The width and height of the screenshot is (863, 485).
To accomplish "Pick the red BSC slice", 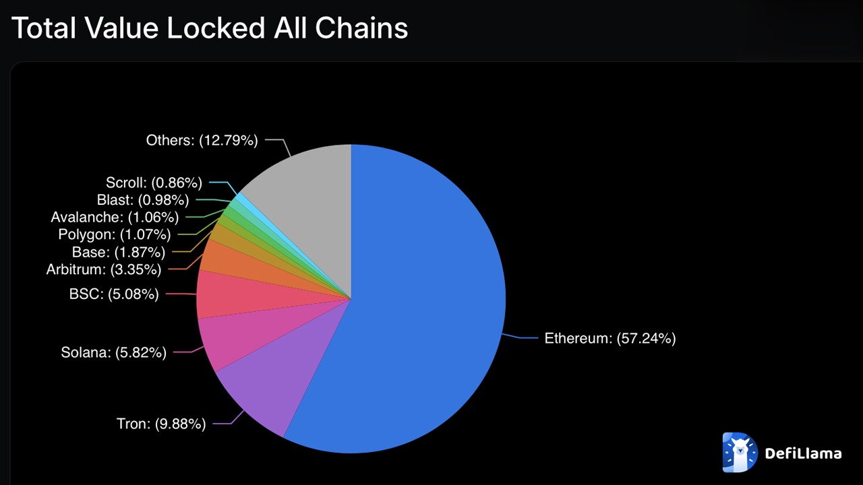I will [x=229, y=296].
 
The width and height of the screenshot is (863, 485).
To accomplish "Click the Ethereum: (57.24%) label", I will [x=609, y=338].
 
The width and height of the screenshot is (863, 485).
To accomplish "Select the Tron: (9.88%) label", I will [x=161, y=424].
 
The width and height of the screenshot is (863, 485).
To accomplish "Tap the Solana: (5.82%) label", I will [x=113, y=352].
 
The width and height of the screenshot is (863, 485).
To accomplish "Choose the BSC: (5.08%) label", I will [x=114, y=294].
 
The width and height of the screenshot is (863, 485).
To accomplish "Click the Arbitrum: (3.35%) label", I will [x=104, y=269].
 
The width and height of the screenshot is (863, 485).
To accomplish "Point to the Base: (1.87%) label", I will [x=119, y=252].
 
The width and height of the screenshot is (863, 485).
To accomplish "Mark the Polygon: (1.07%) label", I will [x=115, y=234].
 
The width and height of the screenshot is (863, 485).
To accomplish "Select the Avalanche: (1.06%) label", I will [x=115, y=217].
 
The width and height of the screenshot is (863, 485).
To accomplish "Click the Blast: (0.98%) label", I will [x=143, y=199].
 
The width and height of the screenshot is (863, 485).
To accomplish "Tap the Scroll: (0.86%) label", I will [x=154, y=182].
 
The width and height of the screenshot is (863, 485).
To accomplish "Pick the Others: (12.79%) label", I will [x=202, y=140].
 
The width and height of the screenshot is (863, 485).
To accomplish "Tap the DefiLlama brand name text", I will [x=804, y=453].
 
